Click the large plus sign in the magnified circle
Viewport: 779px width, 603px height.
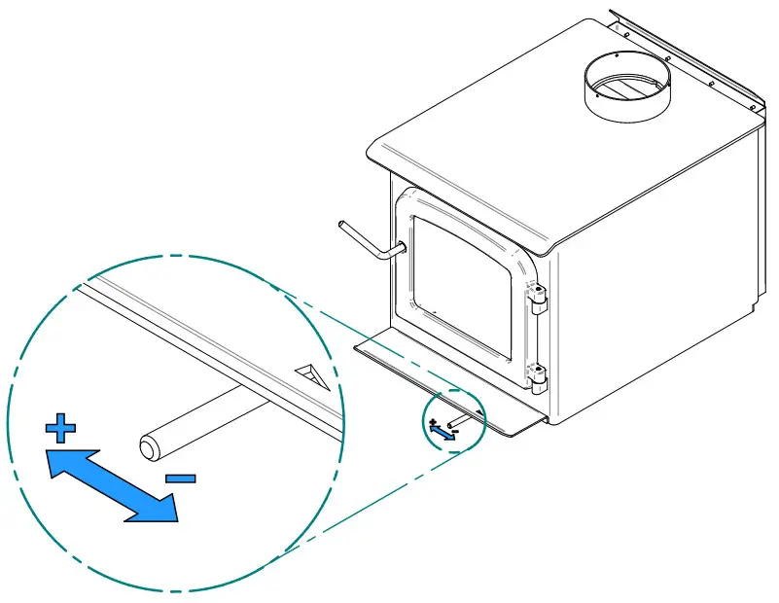point(60,427)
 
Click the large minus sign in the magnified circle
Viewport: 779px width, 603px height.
point(180,478)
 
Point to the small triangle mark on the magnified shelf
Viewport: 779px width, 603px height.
point(314,374)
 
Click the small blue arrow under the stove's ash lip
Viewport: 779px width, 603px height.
point(443,432)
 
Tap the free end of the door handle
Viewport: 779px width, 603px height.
point(341,226)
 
